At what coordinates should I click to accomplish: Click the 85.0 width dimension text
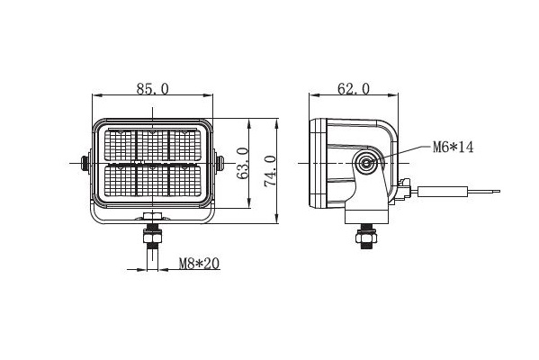click(x=153, y=89)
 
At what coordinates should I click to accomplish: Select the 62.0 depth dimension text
click(x=354, y=89)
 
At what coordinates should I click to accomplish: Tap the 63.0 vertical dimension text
click(x=243, y=163)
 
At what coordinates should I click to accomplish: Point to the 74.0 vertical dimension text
click(x=271, y=171)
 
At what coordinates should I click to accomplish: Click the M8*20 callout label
click(x=199, y=264)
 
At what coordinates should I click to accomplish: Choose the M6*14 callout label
click(x=453, y=148)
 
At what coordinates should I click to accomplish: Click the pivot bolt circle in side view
click(x=367, y=163)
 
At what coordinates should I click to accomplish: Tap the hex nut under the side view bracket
click(x=366, y=238)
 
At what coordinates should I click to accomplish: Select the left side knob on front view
click(x=84, y=163)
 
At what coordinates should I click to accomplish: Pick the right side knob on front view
click(x=220, y=163)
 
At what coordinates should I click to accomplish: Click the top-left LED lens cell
click(x=120, y=145)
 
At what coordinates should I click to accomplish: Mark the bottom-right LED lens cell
click(x=185, y=181)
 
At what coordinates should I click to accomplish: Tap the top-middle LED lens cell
click(x=153, y=145)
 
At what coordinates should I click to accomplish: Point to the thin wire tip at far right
click(x=499, y=191)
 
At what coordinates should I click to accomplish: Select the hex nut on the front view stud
click(x=152, y=238)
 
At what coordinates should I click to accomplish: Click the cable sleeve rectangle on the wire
click(x=443, y=192)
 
